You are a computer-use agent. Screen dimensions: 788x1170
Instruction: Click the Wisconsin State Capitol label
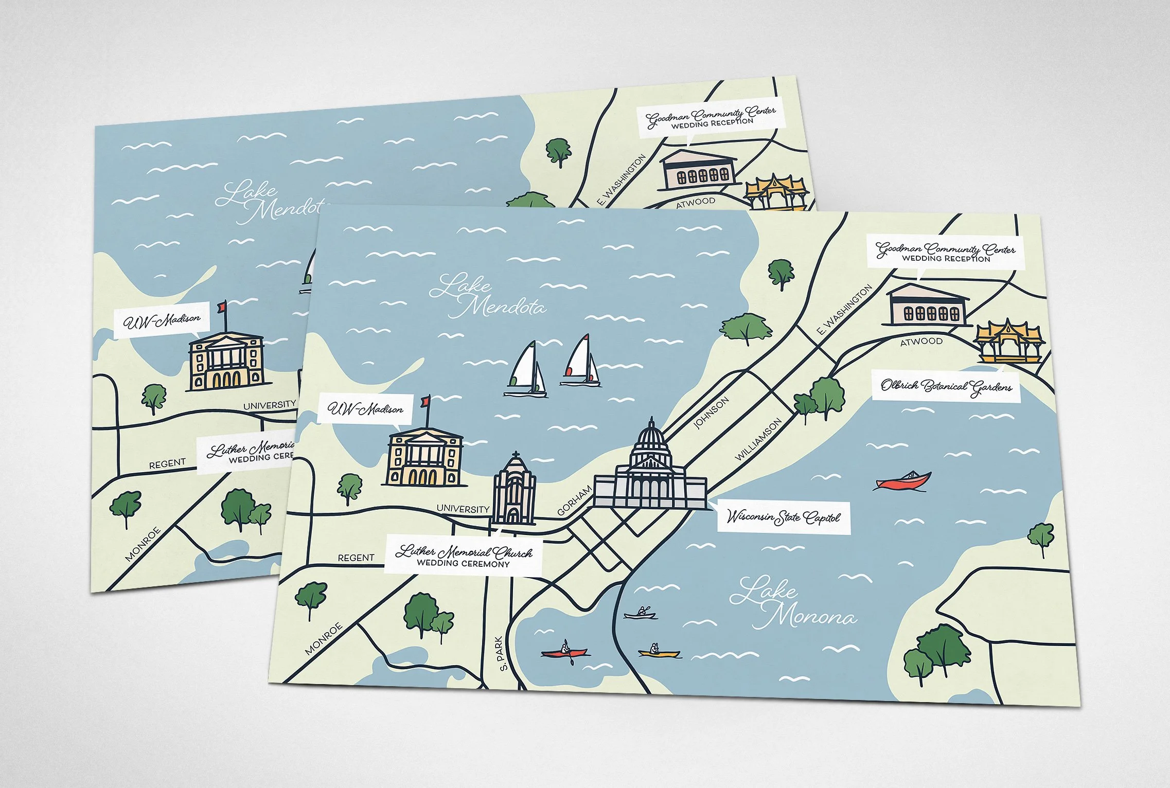click(x=783, y=516)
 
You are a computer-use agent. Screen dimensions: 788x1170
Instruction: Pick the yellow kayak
click(x=658, y=653)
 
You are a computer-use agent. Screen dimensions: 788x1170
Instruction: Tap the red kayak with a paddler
click(x=564, y=652)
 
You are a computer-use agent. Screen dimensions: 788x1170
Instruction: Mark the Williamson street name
click(x=758, y=439)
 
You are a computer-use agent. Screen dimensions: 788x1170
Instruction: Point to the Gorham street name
click(x=575, y=500)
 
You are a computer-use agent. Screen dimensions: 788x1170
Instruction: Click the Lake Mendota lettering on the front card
click(x=487, y=296)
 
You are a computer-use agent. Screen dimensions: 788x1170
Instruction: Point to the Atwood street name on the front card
click(x=921, y=341)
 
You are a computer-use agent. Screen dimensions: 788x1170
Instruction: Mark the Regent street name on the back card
click(x=167, y=463)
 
